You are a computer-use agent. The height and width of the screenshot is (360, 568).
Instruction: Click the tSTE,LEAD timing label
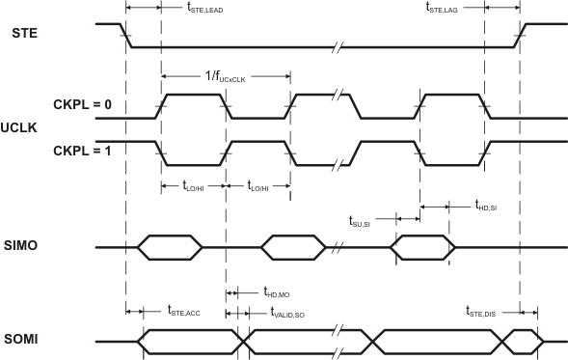[x=203, y=9]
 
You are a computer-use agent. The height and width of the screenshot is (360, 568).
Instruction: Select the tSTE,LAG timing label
[x=447, y=9]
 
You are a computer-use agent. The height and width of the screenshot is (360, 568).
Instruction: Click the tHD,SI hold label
[x=486, y=206]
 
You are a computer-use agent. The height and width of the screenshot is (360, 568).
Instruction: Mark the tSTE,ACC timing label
[x=184, y=311]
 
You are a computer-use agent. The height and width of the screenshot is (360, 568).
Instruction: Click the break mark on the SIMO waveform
[x=338, y=247]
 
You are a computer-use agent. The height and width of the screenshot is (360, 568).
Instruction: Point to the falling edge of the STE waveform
[x=126, y=35]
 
